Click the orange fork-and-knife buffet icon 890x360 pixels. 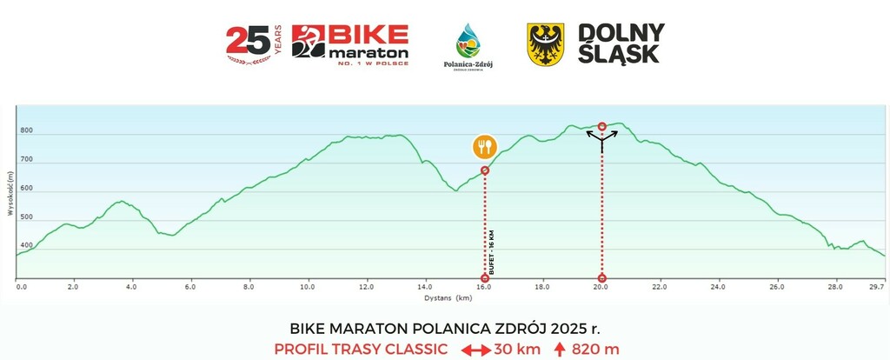485,146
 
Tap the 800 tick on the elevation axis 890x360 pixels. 27,131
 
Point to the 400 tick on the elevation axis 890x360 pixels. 27,247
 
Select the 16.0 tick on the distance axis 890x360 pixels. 484,286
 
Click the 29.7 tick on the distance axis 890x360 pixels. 877,286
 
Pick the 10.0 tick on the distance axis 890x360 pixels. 308,286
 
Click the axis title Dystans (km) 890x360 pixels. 448,297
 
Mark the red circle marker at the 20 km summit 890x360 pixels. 602,126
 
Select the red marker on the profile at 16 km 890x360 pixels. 485,170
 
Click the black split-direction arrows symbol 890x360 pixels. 602,139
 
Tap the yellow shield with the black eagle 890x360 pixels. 545,43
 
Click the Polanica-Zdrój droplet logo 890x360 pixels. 468,43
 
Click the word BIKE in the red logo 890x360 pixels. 369,36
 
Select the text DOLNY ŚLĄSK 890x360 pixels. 621,43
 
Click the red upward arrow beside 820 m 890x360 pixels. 561,350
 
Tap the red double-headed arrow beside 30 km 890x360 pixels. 475,350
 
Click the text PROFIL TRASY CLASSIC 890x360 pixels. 361,350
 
